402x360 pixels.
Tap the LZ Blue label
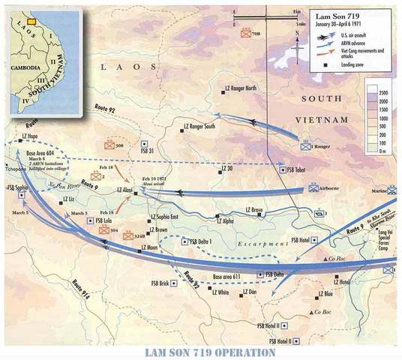[x=325, y=293]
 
